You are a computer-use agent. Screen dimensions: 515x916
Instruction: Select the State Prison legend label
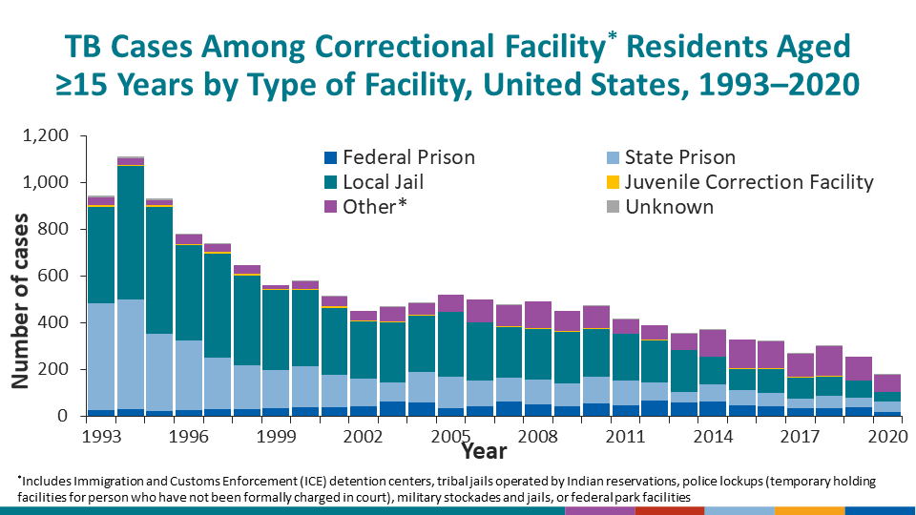coord(679,157)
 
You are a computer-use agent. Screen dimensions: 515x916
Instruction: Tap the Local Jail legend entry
coord(383,182)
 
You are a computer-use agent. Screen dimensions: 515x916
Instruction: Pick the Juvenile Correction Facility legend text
coord(749,182)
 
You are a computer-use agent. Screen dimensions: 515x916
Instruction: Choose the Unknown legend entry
coord(669,207)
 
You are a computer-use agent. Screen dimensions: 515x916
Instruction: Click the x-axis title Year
coord(485,449)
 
